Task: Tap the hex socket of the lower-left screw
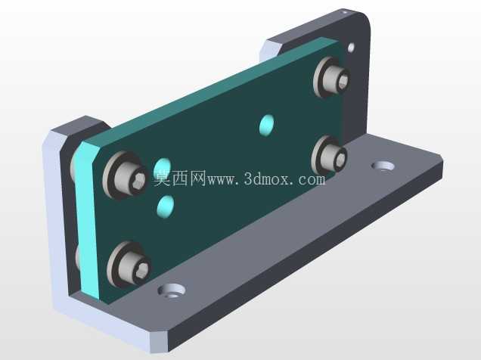coord(143,270)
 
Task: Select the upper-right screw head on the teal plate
coord(337,78)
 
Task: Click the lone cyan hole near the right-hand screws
coord(267,125)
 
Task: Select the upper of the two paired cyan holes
coord(162,168)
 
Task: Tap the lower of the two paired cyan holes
coord(166,206)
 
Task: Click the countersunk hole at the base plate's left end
coord(172,290)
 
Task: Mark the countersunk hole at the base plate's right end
coord(383,166)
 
